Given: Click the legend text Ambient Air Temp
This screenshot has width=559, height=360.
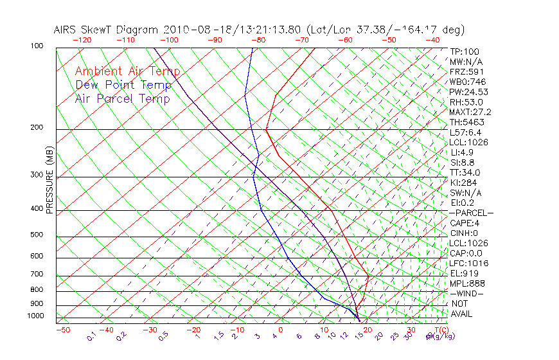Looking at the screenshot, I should [127, 71].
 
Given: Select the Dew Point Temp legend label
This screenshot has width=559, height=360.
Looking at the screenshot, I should [123, 85].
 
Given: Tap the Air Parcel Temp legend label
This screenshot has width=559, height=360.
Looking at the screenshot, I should [122, 98].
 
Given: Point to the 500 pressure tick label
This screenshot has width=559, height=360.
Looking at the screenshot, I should [36, 235].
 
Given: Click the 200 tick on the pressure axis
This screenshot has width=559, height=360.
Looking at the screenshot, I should [36, 127].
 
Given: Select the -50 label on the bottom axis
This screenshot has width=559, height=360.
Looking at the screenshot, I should [62, 330].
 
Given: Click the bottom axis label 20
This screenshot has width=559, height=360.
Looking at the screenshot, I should [368, 330].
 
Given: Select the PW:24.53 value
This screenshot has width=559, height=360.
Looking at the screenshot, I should [466, 92].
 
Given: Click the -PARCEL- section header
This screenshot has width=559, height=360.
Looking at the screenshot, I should [471, 213].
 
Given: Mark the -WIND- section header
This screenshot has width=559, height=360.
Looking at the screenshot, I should [466, 293].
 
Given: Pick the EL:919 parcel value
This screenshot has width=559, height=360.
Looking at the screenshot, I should [464, 273].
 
